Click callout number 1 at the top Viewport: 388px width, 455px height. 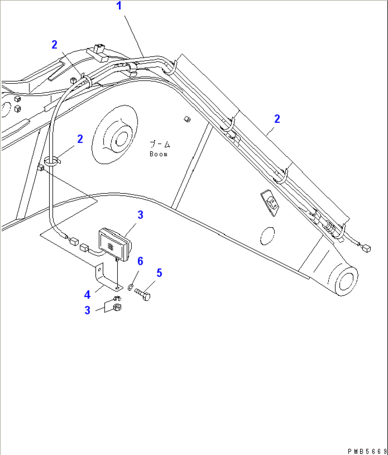119,6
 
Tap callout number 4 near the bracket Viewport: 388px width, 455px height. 87,295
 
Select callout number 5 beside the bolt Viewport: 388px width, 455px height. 159,273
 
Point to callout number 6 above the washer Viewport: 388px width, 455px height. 140,261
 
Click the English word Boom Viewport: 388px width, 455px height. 158,154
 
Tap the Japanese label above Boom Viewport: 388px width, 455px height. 160,145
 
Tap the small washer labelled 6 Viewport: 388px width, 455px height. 130,287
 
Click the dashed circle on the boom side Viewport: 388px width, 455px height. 267,236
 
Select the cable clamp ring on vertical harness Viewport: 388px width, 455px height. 51,161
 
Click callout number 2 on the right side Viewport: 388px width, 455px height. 277,119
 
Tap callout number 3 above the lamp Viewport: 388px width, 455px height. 140,215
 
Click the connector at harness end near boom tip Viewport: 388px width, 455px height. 367,249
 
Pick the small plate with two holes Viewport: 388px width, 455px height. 270,203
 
